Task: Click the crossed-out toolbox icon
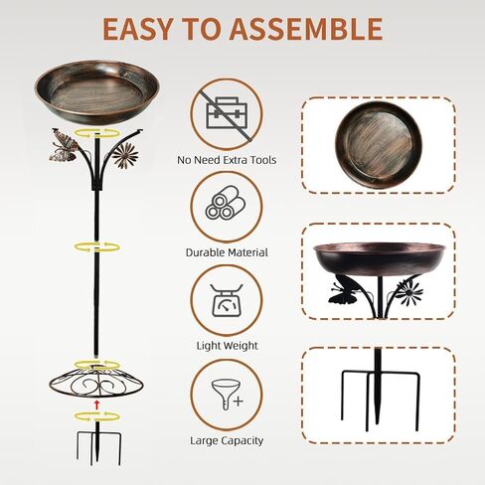click(226, 112)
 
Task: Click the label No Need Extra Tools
click(226, 159)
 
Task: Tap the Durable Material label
click(227, 252)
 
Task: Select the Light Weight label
click(227, 346)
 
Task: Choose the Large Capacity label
click(227, 439)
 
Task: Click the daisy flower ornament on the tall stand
click(124, 153)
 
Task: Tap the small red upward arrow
click(95, 404)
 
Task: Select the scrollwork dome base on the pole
click(95, 379)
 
